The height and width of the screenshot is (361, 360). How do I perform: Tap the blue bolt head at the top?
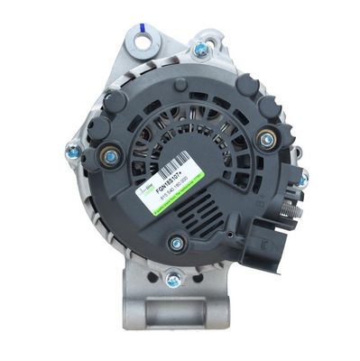click(200, 50)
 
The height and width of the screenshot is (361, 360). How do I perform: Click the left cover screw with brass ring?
click(110, 156)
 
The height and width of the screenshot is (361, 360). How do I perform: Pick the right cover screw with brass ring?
click(266, 138)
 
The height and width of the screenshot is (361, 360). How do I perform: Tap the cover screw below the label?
click(176, 242)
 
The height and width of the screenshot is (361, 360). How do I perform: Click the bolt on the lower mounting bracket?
click(173, 280)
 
